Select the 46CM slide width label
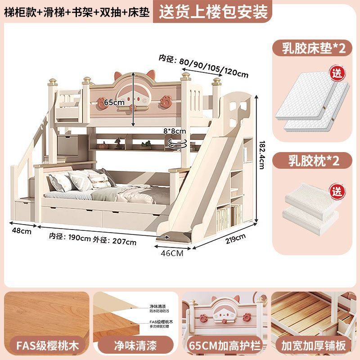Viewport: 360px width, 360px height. [172, 253]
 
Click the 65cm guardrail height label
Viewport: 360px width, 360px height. [113, 103]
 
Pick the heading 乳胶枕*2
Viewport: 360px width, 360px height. [314, 160]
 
